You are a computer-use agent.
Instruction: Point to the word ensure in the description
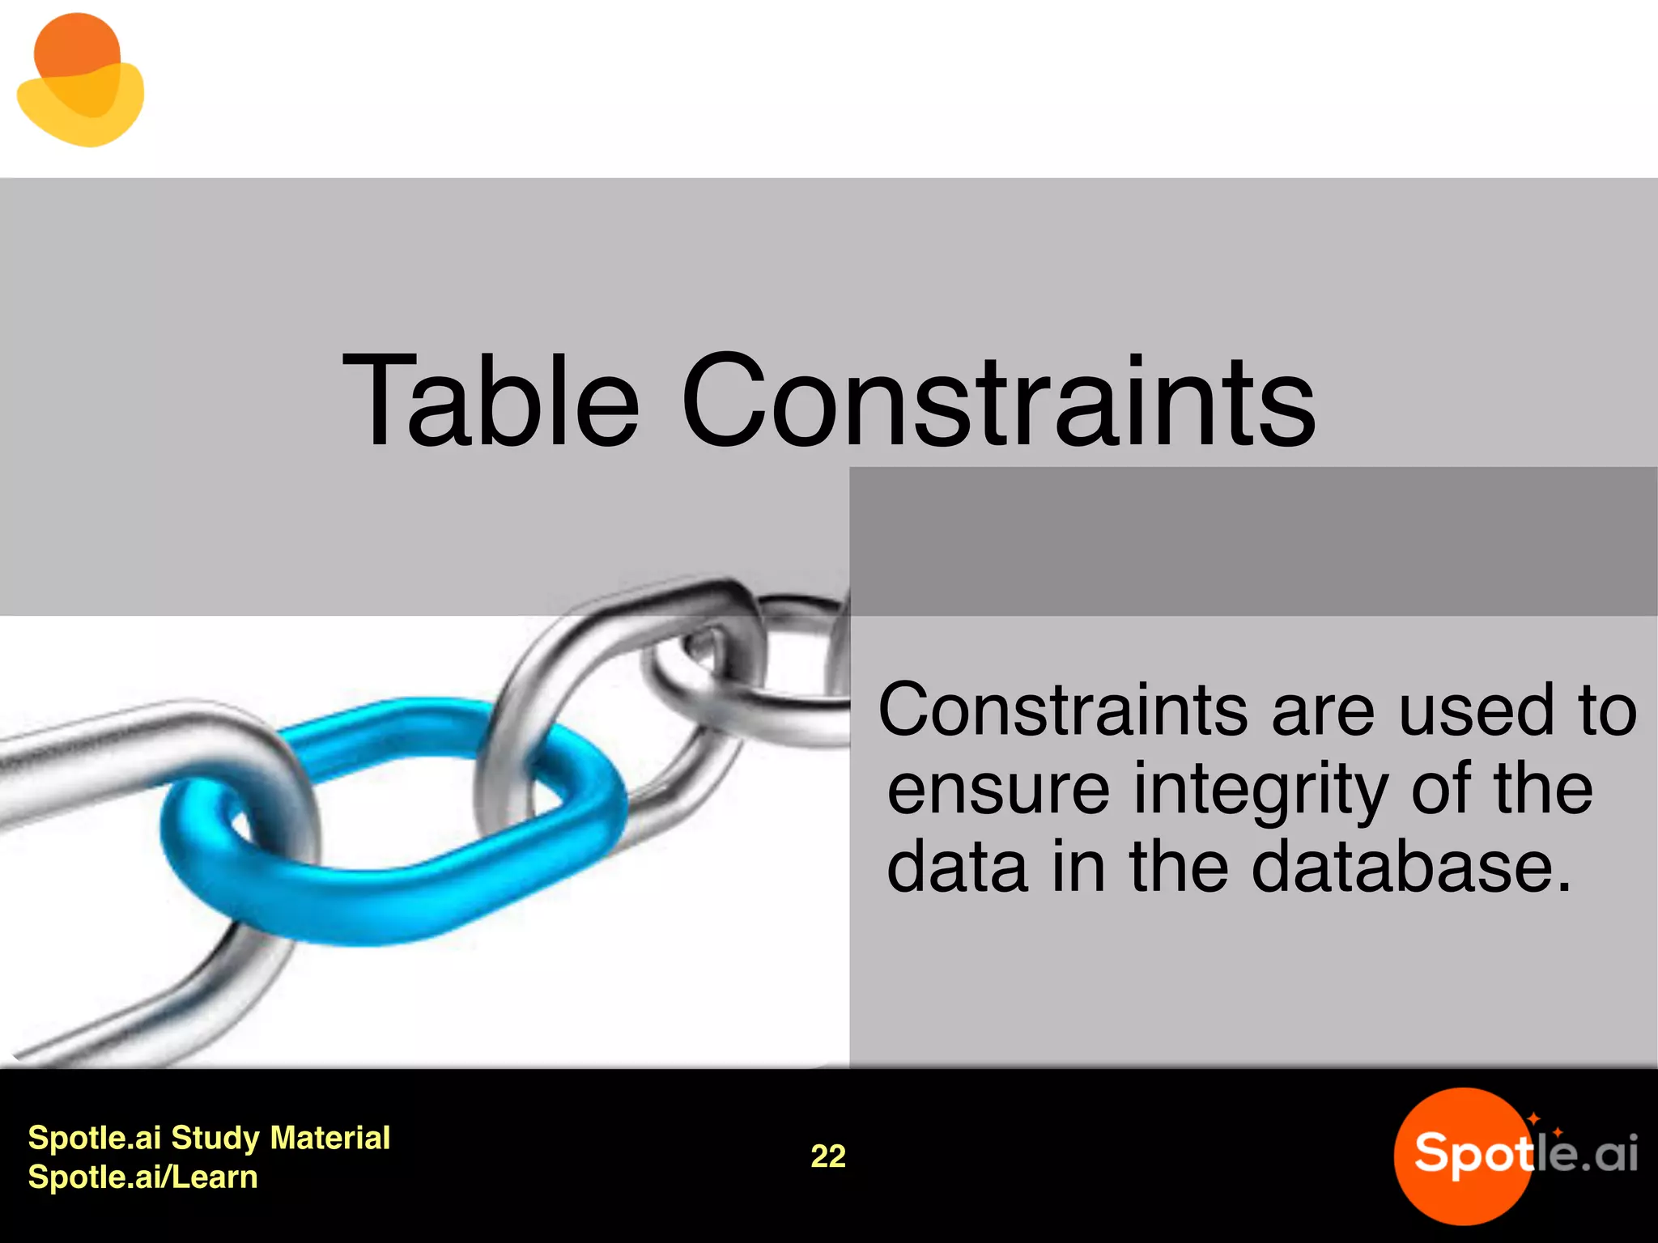(x=998, y=791)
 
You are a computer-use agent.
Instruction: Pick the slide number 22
(x=828, y=1156)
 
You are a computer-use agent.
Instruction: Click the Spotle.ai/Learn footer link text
(x=142, y=1177)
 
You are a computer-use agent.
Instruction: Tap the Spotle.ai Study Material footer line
(x=209, y=1138)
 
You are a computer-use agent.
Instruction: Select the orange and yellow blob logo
(x=79, y=81)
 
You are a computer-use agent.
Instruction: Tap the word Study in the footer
(x=215, y=1138)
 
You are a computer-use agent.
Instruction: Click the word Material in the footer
(x=330, y=1138)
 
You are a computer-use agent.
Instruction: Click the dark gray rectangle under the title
(x=1253, y=541)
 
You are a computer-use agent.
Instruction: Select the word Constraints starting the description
(x=1063, y=711)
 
